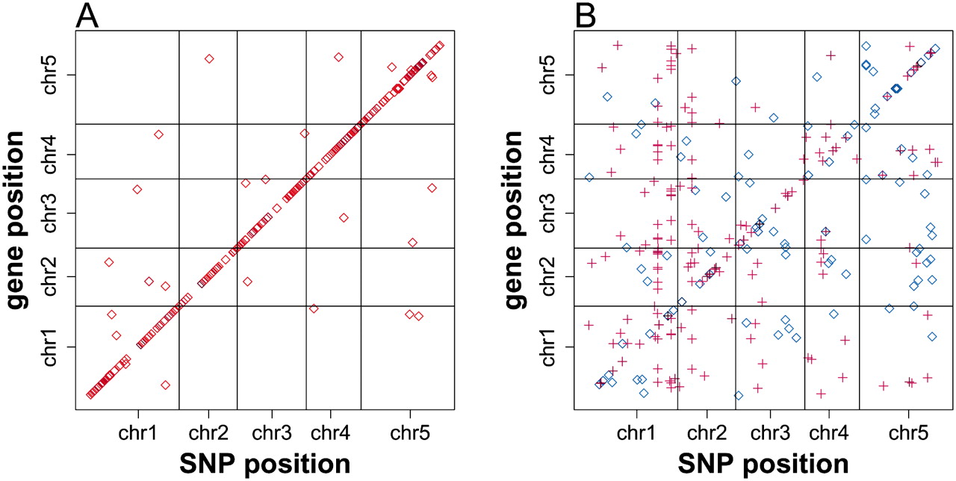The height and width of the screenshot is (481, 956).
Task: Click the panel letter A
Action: click(x=87, y=16)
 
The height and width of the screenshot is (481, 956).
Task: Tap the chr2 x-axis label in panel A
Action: click(x=208, y=432)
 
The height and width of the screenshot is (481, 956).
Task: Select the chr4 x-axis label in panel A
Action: click(x=330, y=432)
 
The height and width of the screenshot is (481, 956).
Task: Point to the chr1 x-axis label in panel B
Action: click(x=636, y=432)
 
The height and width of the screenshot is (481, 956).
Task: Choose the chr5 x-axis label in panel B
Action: click(x=908, y=432)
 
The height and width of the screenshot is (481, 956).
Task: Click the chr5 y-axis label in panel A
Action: click(x=50, y=75)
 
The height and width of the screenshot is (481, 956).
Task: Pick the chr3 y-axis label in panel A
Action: click(x=50, y=213)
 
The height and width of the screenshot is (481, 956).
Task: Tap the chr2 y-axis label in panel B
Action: click(x=548, y=276)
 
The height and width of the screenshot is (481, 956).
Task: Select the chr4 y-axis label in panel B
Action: click(x=548, y=154)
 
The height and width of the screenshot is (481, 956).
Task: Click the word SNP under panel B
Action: click(x=707, y=464)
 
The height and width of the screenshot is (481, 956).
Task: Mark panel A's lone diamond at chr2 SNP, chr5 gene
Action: click(x=209, y=58)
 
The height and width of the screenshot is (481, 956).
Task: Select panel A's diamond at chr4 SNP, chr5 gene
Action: click(x=338, y=57)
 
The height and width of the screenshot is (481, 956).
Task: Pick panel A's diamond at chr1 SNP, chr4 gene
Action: click(x=159, y=134)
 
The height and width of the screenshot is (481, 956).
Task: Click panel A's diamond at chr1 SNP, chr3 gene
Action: click(x=137, y=189)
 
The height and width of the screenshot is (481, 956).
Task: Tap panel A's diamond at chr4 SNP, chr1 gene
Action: click(x=314, y=308)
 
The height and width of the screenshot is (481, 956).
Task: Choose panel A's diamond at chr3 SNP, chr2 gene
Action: click(x=247, y=282)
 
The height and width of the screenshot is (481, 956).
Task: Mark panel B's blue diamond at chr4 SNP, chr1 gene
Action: click(x=834, y=314)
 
